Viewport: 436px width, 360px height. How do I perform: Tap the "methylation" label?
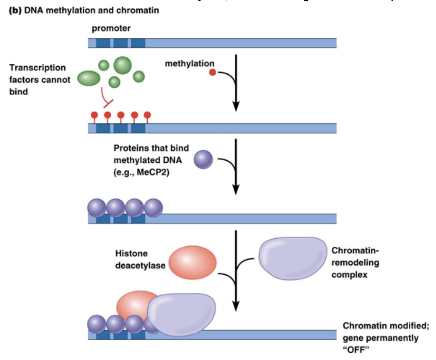tap(189, 63)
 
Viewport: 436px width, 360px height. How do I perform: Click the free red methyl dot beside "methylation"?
tap(213, 73)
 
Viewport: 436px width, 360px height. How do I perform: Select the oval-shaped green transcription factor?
tap(89, 78)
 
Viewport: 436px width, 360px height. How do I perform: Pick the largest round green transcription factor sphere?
tap(122, 65)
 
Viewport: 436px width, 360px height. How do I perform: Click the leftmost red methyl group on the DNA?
tap(94, 115)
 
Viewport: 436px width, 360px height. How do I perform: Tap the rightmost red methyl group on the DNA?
tap(147, 115)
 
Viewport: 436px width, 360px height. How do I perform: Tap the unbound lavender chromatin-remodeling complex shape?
tap(293, 258)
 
